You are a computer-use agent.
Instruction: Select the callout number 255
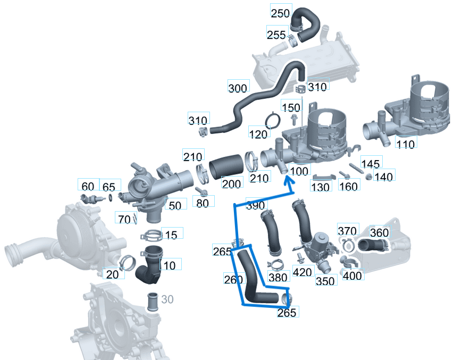click(x=276, y=35)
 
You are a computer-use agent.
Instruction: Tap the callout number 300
click(x=237, y=88)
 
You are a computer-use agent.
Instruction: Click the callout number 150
click(x=291, y=107)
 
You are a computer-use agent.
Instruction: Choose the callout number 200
click(x=231, y=183)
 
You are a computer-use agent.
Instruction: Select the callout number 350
click(x=325, y=281)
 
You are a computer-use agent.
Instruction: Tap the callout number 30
click(x=167, y=300)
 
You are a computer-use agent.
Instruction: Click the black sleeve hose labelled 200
click(x=226, y=168)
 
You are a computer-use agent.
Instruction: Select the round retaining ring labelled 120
click(x=272, y=121)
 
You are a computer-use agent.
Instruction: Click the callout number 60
click(x=87, y=186)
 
